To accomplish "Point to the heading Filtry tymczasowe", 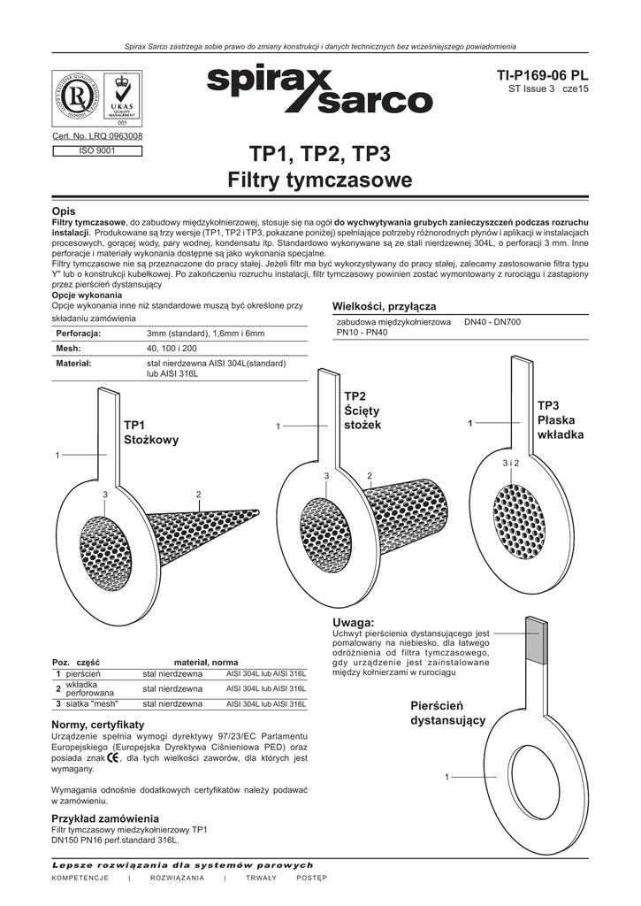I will (320, 181).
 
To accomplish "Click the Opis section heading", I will (65, 209).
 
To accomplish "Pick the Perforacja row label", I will (79, 334).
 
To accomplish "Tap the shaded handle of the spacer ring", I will (536, 649).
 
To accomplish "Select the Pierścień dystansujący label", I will (448, 712).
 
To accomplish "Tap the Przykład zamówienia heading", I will (105, 818).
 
